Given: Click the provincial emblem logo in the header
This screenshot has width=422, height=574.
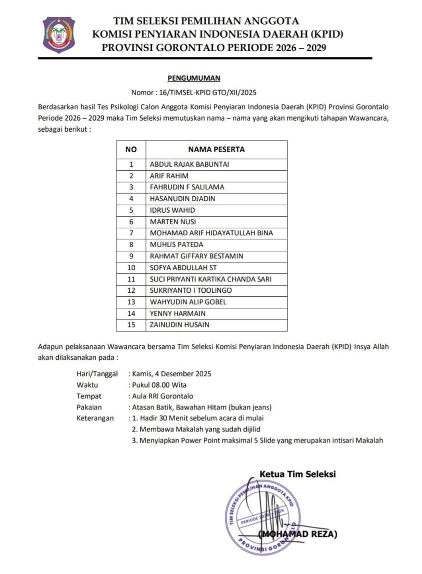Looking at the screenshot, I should coord(58,35).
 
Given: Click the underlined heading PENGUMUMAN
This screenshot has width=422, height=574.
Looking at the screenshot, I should coord(193,78).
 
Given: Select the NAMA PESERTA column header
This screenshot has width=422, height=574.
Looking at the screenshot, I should coord(216,149).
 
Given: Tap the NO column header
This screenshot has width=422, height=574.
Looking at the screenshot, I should coord(131,149).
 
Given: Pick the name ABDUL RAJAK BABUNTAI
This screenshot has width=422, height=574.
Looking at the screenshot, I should coord(189,164).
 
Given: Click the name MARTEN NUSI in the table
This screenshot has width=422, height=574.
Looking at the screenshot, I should coord(173,222).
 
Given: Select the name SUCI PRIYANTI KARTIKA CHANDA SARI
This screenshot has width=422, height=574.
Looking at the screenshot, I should coord(210,279).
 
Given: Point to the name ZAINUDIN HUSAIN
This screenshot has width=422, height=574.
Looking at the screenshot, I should coord(179,325).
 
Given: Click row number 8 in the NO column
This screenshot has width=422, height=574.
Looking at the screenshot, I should coord(131,245).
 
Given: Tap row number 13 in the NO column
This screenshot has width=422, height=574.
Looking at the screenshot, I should coord(131,302).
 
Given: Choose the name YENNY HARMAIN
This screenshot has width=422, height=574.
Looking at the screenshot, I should coord(177,313).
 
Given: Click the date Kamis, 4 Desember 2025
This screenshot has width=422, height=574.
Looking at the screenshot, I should coord(171,374).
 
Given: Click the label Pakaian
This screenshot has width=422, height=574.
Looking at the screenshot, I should coord(89,407).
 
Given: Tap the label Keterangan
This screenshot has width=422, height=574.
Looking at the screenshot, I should coord(95,418).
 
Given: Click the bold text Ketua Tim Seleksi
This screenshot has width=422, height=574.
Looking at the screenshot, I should coord(297,474).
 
